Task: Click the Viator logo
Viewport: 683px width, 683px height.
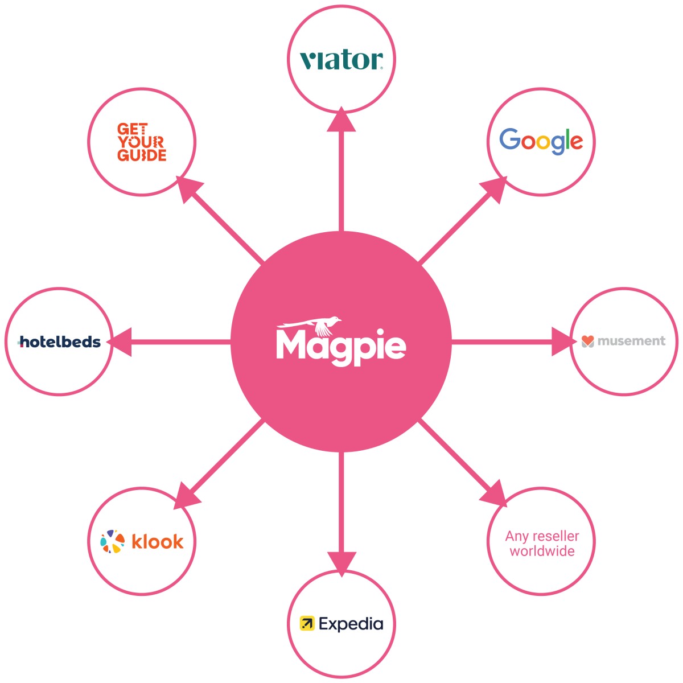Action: tap(341, 60)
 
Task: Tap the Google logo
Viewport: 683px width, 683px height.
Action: tap(541, 141)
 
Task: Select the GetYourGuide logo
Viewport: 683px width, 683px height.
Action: tap(142, 142)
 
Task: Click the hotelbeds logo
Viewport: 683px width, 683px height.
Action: tap(60, 341)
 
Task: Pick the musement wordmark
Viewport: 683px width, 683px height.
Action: tap(631, 341)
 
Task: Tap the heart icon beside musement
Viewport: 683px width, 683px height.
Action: tap(588, 341)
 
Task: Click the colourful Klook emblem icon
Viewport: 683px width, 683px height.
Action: tap(113, 542)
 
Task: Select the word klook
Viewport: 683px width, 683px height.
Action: tap(158, 541)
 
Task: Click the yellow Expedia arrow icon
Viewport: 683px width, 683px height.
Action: tap(307, 623)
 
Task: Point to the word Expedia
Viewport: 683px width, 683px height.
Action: tap(351, 624)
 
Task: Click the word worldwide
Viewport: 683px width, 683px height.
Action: tap(542, 551)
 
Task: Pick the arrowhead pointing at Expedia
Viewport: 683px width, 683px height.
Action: tap(341, 563)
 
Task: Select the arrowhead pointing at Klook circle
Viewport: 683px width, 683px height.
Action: tap(187, 496)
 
